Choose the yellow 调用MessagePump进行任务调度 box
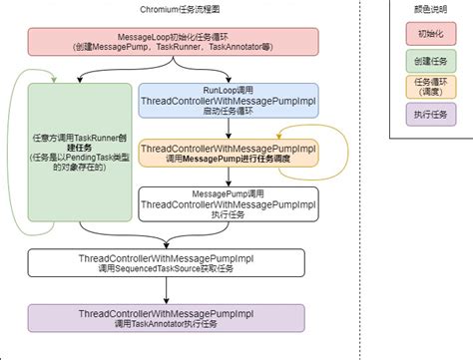[229, 156]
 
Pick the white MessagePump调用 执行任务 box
[229, 203]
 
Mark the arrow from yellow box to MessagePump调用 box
[229, 180]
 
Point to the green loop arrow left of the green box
[12, 160]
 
